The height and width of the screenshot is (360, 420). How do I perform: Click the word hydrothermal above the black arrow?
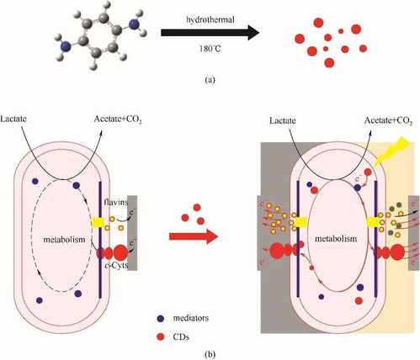tap(210, 20)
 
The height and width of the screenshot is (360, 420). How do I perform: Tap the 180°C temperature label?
tap(210, 49)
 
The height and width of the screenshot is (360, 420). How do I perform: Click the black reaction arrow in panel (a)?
tap(210, 33)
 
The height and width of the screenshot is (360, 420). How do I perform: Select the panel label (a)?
tap(210, 80)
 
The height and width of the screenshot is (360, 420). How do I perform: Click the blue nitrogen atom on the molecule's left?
tap(66, 45)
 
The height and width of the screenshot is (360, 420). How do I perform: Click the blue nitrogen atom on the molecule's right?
tap(134, 24)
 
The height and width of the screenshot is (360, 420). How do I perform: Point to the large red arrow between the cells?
tap(194, 237)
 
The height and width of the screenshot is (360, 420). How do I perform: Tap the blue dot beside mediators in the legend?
tap(160, 319)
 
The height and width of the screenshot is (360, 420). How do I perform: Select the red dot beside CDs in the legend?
tap(160, 336)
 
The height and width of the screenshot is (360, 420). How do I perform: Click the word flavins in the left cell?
tap(115, 202)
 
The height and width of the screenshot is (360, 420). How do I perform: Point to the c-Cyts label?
tap(116, 265)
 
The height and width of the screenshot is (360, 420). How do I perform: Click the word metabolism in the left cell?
tap(64, 240)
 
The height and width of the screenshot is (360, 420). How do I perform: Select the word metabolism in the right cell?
tap(336, 239)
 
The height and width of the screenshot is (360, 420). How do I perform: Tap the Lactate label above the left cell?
tap(13, 119)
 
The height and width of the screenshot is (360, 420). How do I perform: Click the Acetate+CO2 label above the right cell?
tap(388, 121)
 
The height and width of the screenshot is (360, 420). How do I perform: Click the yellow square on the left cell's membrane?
tap(98, 222)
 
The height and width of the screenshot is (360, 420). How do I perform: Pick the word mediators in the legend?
tap(191, 318)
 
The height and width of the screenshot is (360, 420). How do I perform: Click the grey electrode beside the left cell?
tap(132, 233)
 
